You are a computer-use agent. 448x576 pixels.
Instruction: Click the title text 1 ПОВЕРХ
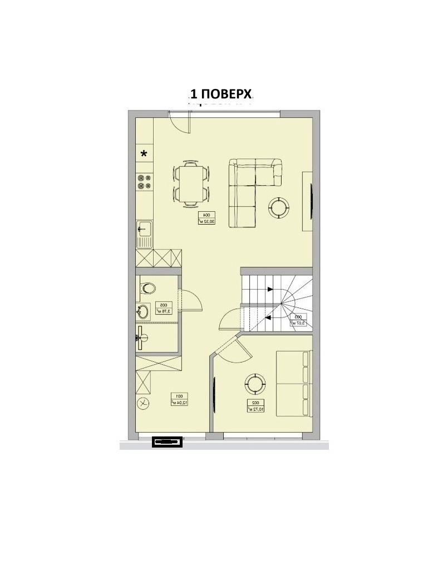[x=222, y=93]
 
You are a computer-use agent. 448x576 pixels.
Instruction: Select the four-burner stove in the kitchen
[x=145, y=181]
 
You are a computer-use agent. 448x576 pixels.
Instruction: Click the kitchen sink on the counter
[x=144, y=233]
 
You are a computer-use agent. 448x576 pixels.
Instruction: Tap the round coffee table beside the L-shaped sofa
[x=278, y=207]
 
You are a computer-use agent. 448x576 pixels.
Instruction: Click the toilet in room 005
[x=148, y=288]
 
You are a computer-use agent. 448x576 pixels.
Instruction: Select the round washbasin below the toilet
[x=143, y=312]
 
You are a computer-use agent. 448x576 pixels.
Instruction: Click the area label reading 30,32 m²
[x=206, y=217]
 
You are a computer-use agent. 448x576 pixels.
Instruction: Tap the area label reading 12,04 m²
[x=178, y=399]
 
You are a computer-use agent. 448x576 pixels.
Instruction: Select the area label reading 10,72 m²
[x=255, y=406]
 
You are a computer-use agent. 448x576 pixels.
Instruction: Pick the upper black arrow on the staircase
[x=270, y=289]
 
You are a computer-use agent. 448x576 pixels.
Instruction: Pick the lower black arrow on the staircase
[x=269, y=317]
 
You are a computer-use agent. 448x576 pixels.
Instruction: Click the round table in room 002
[x=255, y=383]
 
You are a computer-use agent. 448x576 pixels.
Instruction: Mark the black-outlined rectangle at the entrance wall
[x=168, y=442]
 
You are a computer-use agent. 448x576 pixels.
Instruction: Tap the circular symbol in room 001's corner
[x=144, y=403]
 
